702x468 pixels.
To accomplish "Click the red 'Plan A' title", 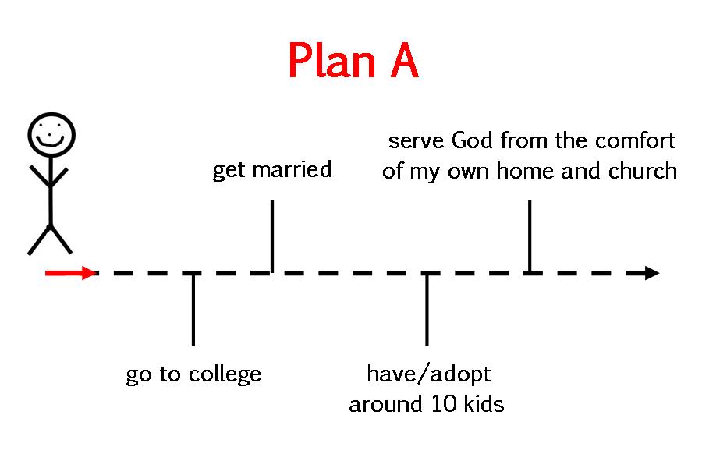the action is coord(353,61).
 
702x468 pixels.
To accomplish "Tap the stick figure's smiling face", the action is coord(51,134).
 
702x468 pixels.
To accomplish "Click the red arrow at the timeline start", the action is coord(71,272).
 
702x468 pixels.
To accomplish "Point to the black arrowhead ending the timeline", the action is coord(652,273).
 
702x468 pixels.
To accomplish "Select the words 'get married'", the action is coord(271,171).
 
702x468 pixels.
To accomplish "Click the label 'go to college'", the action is coord(193,374).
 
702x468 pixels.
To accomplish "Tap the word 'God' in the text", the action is coord(472,140).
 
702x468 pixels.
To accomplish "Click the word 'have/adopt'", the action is coord(428,374).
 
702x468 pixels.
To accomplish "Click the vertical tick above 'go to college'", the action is coord(193,309).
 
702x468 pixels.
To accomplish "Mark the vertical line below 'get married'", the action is coord(271,236).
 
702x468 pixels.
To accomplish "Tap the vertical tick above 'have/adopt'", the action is coord(427,309).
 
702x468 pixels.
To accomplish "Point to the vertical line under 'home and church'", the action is coord(530,236).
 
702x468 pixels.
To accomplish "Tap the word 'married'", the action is coord(292,170).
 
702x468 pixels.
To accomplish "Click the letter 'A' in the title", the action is coord(404,61).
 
